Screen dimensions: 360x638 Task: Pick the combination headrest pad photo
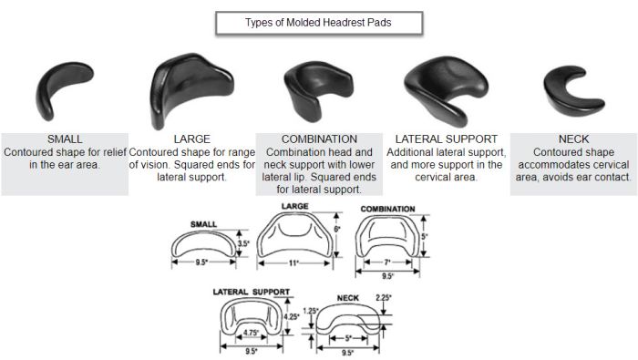tap(314, 91)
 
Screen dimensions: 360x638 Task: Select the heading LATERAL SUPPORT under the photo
tap(445, 139)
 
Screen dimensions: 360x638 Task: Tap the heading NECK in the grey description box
tap(573, 139)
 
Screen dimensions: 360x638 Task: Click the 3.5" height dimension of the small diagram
tap(243, 244)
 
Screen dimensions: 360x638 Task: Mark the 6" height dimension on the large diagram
tap(336, 228)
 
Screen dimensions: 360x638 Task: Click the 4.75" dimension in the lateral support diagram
tap(250, 333)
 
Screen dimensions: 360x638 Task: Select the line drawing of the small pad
tap(204, 243)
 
